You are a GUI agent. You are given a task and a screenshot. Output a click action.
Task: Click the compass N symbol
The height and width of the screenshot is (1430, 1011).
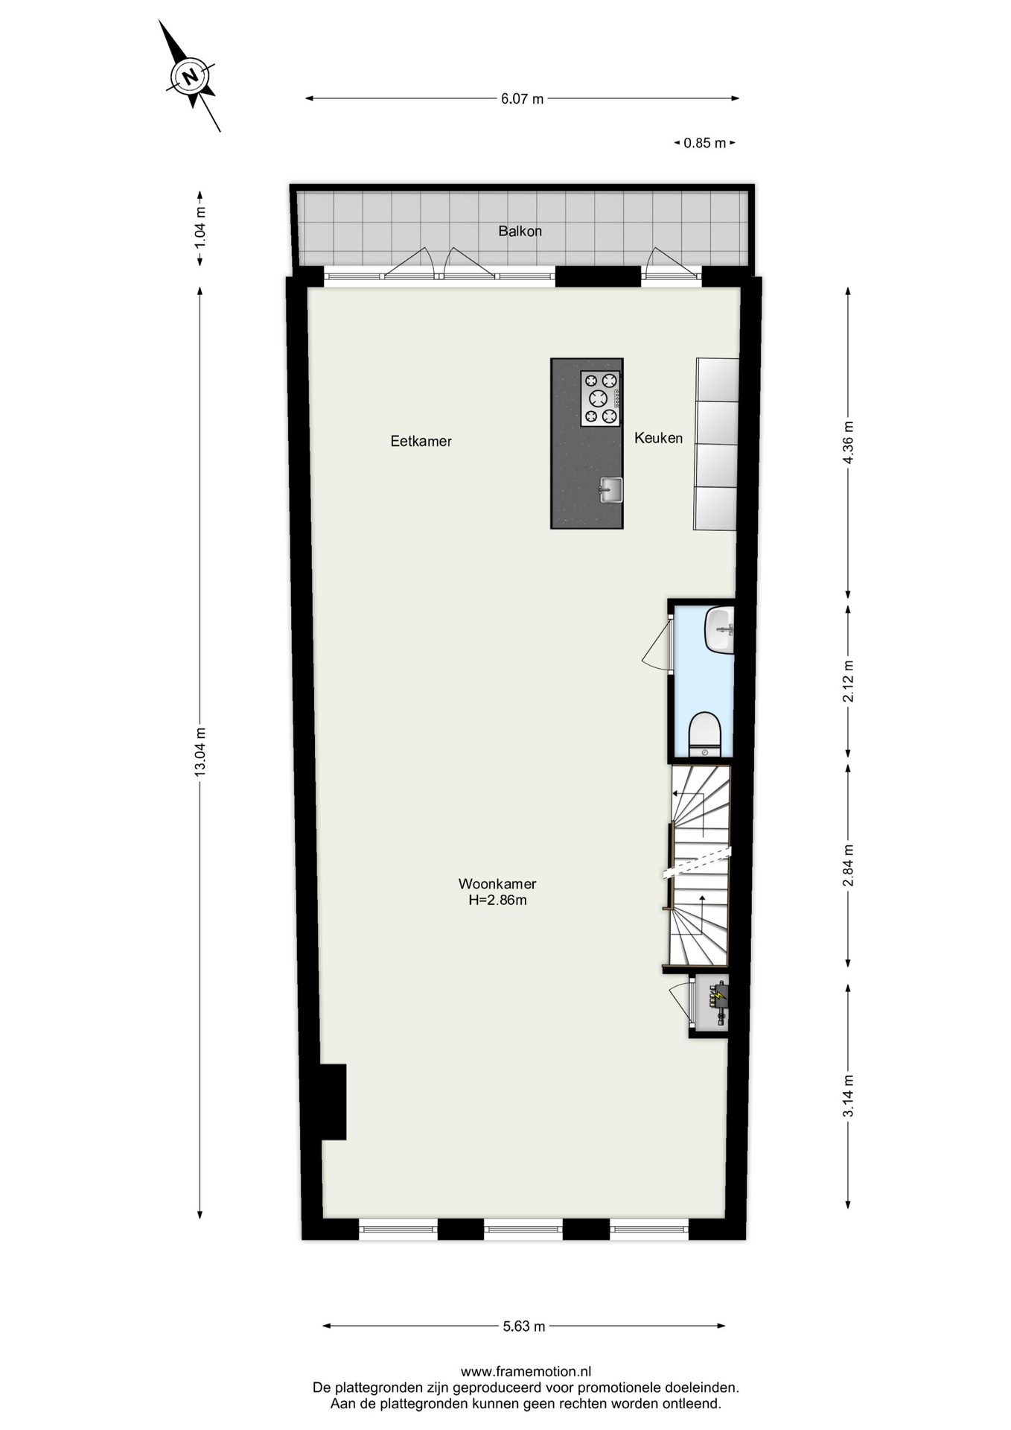point(190,76)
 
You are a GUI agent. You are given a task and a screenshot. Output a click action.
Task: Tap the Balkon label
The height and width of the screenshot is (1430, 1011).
point(520,231)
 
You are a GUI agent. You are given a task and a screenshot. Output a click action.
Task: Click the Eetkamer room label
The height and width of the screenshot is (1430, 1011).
point(421,441)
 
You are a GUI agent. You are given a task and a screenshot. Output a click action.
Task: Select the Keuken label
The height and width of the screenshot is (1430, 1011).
point(658,438)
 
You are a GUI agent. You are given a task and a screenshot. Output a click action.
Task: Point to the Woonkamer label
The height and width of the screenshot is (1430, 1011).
point(497,884)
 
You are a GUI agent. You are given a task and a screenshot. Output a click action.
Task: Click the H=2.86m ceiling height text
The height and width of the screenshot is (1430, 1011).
point(497,900)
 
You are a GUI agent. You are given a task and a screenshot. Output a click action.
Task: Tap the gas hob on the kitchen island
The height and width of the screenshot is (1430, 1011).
point(600,398)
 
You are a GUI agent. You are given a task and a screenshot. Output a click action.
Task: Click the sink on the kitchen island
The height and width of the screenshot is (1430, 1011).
point(611,489)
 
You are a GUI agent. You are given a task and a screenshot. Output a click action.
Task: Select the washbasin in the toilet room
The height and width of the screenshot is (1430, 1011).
point(719,630)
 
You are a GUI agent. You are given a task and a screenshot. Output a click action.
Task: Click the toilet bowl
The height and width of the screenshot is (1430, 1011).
point(704,734)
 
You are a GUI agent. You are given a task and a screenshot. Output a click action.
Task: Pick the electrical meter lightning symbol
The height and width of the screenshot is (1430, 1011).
point(718,994)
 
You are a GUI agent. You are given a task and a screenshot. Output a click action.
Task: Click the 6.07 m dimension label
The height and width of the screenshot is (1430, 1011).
point(522,98)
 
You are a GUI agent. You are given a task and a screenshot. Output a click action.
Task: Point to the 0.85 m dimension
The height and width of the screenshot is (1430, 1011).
point(704,143)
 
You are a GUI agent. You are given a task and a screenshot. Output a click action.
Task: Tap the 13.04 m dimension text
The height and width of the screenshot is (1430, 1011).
point(200,751)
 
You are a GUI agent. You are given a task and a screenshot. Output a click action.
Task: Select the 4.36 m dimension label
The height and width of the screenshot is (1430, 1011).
point(848,442)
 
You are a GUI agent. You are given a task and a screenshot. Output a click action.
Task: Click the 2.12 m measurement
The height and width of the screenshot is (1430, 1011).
point(848,681)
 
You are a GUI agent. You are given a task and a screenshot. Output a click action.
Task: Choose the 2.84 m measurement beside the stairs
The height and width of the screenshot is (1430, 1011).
point(848,865)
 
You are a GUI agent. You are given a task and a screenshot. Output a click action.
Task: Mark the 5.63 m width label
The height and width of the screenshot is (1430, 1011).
point(524,1326)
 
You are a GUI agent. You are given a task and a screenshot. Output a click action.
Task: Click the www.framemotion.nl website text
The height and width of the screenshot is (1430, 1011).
point(526,1371)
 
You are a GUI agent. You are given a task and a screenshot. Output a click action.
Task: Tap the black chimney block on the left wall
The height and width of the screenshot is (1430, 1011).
point(333,1102)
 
